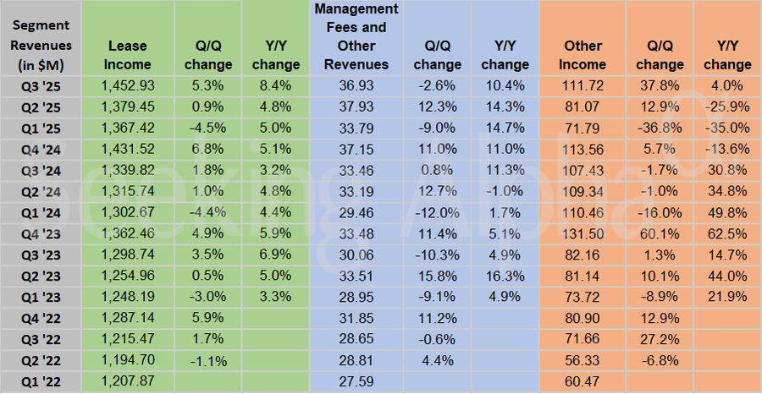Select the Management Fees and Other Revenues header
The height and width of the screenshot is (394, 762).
(356, 36)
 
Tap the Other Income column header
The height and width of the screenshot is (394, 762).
(584, 54)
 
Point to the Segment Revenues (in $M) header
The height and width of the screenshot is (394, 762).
(41, 45)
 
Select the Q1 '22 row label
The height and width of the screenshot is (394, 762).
(41, 383)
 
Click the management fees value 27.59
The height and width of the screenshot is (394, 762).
(356, 383)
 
